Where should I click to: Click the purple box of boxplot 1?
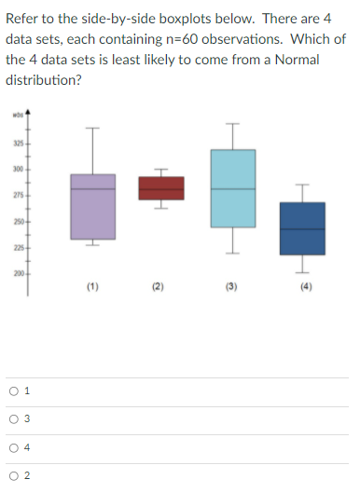(92, 206)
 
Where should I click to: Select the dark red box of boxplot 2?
(160, 187)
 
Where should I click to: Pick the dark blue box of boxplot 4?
(301, 227)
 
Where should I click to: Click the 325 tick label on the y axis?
(17, 143)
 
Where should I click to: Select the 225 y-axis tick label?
(17, 247)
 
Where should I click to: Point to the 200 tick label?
(17, 272)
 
